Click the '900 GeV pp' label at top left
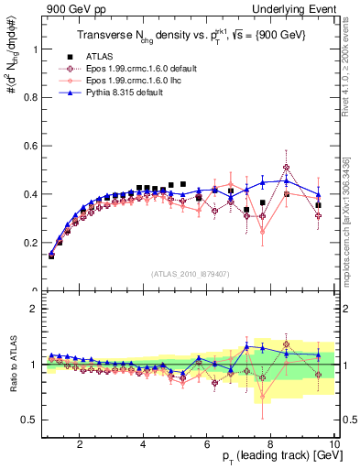coord(71,8)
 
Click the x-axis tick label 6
coord(206,446)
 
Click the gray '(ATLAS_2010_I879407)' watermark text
coord(191,273)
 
